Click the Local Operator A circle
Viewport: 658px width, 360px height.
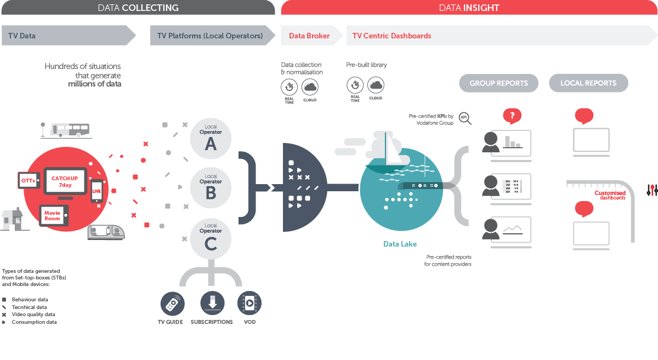[211, 138]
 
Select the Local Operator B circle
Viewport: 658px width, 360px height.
[211, 187]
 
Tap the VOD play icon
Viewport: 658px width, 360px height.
[249, 302]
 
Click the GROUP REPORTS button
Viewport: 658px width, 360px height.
[498, 83]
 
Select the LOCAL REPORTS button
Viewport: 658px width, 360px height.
[588, 83]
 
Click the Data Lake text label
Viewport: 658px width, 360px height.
[400, 244]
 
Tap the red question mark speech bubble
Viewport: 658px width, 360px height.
[512, 116]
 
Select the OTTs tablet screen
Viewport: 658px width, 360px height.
[28, 180]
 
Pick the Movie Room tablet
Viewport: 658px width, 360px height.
[53, 215]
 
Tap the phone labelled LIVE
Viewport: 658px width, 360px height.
[97, 191]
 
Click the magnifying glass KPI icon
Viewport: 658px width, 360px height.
[465, 118]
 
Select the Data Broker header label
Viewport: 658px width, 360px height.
[309, 36]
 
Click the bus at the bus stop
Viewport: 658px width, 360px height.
[69, 129]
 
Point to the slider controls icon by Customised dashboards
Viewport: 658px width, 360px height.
[652, 190]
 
